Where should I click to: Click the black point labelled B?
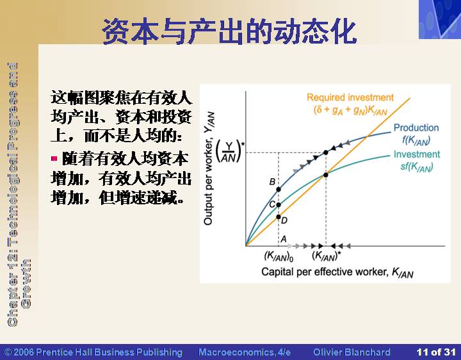(x=279, y=190)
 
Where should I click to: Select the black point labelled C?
(x=279, y=205)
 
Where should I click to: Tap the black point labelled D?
(x=279, y=217)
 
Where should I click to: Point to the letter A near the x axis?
(x=284, y=239)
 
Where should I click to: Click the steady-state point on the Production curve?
(x=326, y=152)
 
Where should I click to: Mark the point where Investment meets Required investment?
(x=326, y=175)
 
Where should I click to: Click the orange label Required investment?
(x=350, y=97)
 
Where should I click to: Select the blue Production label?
(x=416, y=127)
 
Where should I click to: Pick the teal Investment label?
(x=417, y=154)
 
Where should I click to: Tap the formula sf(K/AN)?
(x=417, y=167)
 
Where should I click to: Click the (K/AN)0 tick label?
(x=279, y=256)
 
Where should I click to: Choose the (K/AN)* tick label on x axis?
(x=327, y=256)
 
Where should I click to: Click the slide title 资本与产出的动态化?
(x=229, y=31)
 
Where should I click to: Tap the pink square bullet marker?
(x=54, y=159)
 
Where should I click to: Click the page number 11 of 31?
(x=436, y=352)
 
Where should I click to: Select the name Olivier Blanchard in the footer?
(x=352, y=352)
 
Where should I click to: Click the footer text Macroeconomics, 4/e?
(x=245, y=352)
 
